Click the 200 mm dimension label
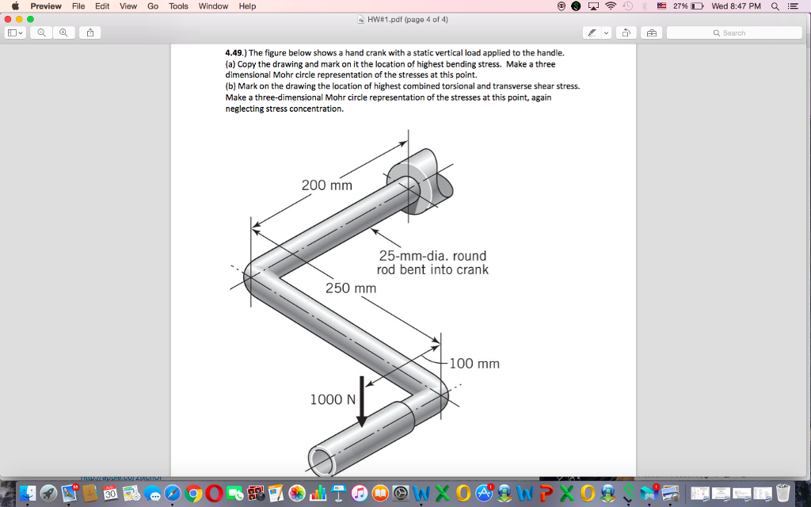[x=327, y=185]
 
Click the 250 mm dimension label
[x=351, y=288]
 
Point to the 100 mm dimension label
[x=474, y=364]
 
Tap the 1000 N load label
[x=333, y=399]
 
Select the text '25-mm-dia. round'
[x=432, y=256]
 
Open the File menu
[x=78, y=6]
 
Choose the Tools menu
[x=178, y=6]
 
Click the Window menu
[x=213, y=6]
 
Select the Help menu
[x=247, y=6]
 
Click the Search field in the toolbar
[x=734, y=33]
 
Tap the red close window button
[x=8, y=19]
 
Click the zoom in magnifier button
[x=63, y=33]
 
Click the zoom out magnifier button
[x=41, y=33]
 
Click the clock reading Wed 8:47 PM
[x=736, y=6]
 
